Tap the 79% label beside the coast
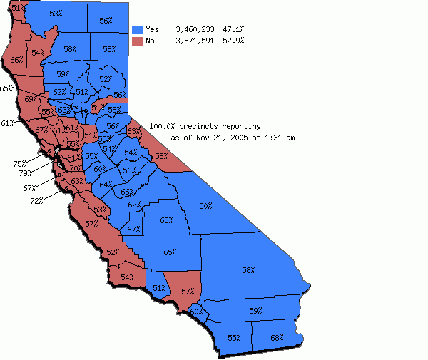pos(25,173)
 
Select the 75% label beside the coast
pos(19,164)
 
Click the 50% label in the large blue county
pos(205,205)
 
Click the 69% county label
pos(31,99)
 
